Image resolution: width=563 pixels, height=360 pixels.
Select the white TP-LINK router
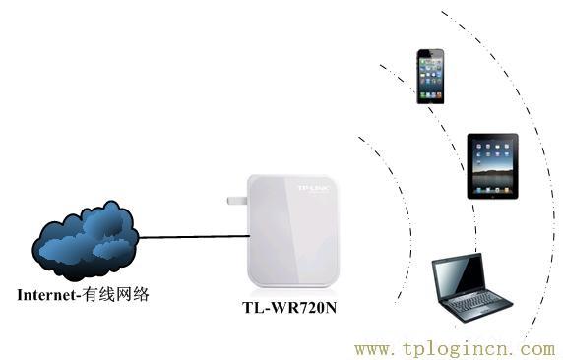(294, 231)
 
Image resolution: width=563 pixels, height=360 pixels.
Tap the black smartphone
(431, 75)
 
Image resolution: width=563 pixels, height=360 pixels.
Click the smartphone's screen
(431, 73)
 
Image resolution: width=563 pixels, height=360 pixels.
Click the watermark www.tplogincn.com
(454, 348)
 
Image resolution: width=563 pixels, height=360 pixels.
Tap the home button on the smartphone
(431, 97)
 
